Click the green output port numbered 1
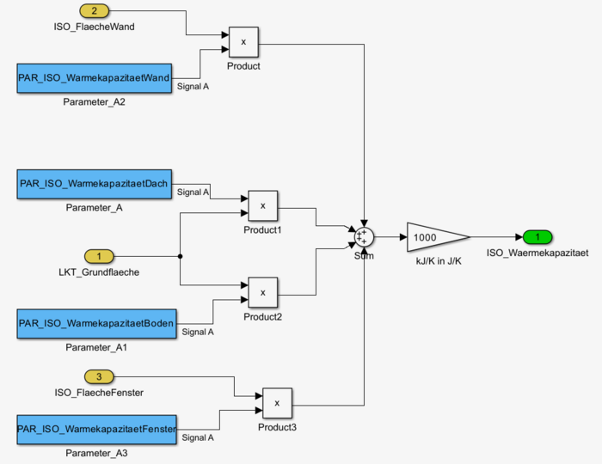pyautogui.click(x=537, y=237)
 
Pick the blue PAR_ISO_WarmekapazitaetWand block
pyautogui.click(x=95, y=78)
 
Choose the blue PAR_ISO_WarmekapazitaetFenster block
pyautogui.click(x=96, y=428)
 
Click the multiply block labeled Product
pyautogui.click(x=243, y=41)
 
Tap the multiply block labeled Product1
pyautogui.click(x=263, y=206)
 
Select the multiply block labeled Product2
pyautogui.click(x=263, y=293)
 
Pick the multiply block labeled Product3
pyautogui.click(x=277, y=401)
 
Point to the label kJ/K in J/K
pyautogui.click(x=439, y=261)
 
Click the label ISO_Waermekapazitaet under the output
pyautogui.click(x=537, y=253)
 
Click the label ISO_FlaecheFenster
pyautogui.click(x=98, y=393)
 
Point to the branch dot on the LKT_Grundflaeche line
pyautogui.click(x=180, y=256)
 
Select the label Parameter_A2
pyautogui.click(x=95, y=101)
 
